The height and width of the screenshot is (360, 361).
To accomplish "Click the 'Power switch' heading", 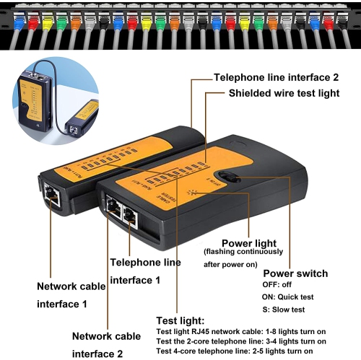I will pyautogui.click(x=295, y=273).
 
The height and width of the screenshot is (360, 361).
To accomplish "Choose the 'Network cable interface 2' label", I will pyautogui.click(x=106, y=344).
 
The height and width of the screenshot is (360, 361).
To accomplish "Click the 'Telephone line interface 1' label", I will pyautogui.click(x=145, y=270).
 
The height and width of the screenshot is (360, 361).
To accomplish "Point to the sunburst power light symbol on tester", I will pyautogui.click(x=191, y=193).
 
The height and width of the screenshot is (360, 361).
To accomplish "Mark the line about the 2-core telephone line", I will pyautogui.click(x=241, y=341).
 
